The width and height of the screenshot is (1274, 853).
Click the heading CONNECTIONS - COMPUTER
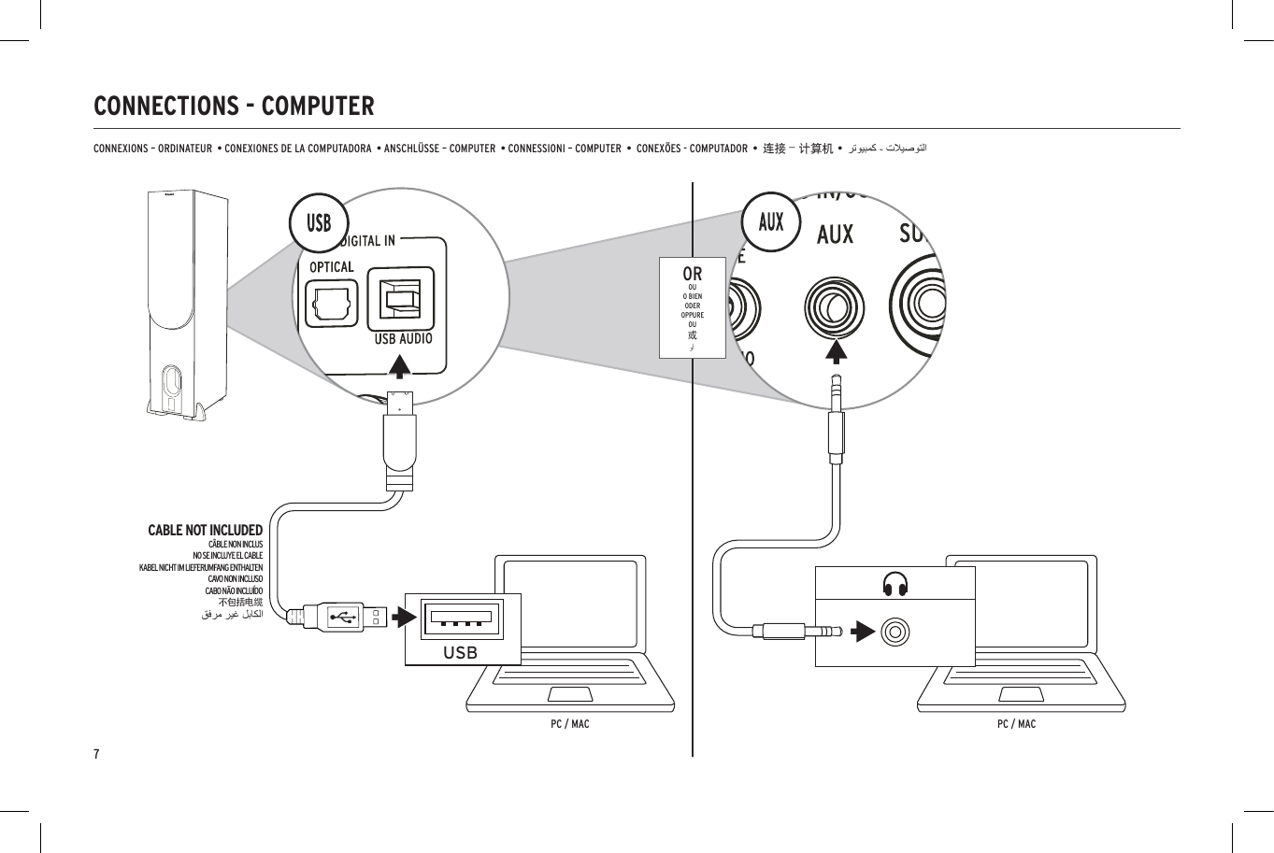(x=234, y=107)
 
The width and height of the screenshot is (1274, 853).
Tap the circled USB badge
(x=319, y=223)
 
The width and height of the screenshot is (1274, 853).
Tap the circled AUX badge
(x=771, y=222)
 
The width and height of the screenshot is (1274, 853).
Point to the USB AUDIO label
(x=403, y=339)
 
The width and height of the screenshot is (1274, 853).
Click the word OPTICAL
(x=332, y=267)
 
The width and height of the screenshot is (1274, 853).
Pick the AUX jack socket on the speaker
(x=835, y=307)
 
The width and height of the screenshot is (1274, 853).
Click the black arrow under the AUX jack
(x=836, y=351)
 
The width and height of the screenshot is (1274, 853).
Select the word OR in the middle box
(x=692, y=274)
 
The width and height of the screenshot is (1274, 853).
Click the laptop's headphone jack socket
(x=895, y=633)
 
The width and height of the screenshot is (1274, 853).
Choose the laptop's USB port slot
(x=461, y=618)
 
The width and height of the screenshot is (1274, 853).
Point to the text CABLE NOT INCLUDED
(x=205, y=530)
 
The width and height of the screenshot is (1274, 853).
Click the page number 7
(x=96, y=754)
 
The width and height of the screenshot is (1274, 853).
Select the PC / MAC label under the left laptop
(x=569, y=724)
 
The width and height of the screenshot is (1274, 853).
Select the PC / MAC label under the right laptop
(x=1016, y=724)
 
